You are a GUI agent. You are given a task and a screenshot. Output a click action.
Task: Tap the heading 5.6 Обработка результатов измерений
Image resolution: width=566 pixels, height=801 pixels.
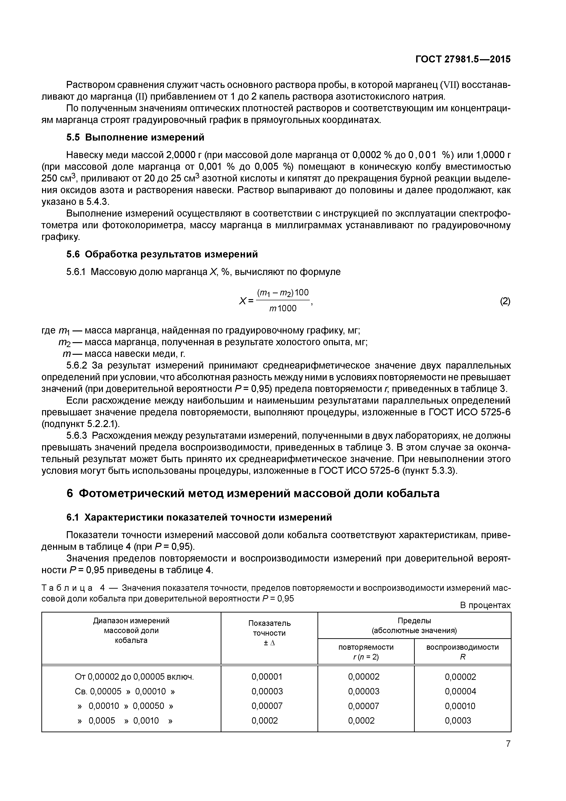tap(162, 254)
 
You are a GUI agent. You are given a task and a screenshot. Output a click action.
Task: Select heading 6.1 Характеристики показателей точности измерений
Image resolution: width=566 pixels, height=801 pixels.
tap(199, 517)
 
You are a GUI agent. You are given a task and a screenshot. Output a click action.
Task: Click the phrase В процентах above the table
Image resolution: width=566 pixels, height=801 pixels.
tap(485, 605)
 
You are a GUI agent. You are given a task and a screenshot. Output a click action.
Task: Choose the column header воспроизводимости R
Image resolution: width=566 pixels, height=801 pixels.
tap(462, 652)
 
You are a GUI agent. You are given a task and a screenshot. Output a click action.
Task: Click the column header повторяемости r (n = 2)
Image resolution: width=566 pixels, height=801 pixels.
tap(366, 652)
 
